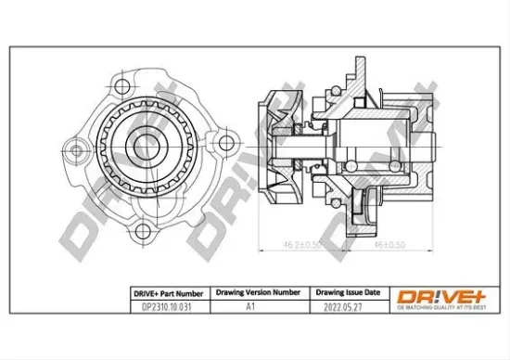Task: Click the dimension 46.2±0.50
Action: click(x=276, y=245)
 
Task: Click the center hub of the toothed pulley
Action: click(x=145, y=147)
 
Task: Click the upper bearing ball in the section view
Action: click(x=320, y=122)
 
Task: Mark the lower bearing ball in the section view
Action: click(x=320, y=168)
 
